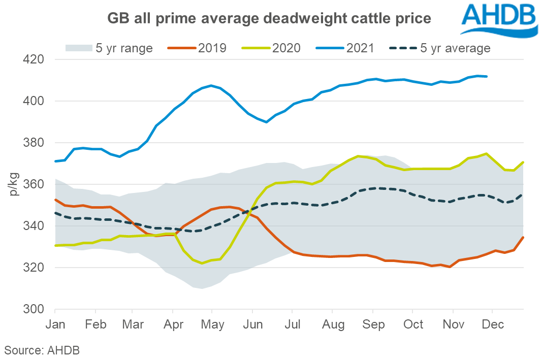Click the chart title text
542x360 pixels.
point(269,19)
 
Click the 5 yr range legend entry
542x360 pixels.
point(109,48)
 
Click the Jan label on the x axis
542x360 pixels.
point(55,324)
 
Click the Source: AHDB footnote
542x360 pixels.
point(42,350)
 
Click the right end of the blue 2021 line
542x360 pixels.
point(487,76)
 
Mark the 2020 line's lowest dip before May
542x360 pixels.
point(202,263)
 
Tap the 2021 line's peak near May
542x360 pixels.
point(211,85)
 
